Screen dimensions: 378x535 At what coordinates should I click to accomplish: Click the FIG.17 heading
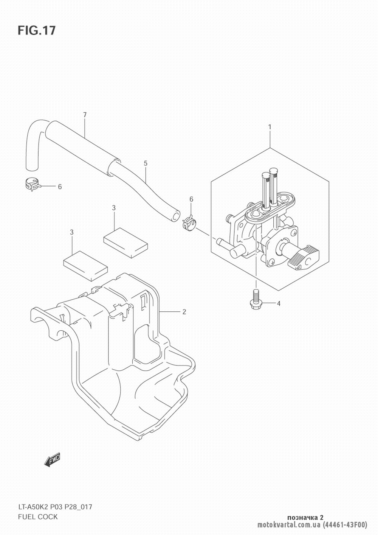pos(37,30)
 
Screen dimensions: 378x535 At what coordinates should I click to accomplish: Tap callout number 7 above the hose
pos(85,115)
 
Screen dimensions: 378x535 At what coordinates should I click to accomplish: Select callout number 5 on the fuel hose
pos(146,163)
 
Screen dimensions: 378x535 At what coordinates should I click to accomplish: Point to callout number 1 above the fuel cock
pos(270,127)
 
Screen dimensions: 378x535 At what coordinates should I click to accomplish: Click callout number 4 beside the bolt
pos(279,303)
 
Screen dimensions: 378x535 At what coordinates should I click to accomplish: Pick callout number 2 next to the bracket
pos(184,312)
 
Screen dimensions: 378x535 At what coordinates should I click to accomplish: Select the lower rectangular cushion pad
pos(85,266)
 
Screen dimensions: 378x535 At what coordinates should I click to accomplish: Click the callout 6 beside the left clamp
pos(60,187)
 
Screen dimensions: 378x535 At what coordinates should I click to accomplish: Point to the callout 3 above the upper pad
pos(114,208)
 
